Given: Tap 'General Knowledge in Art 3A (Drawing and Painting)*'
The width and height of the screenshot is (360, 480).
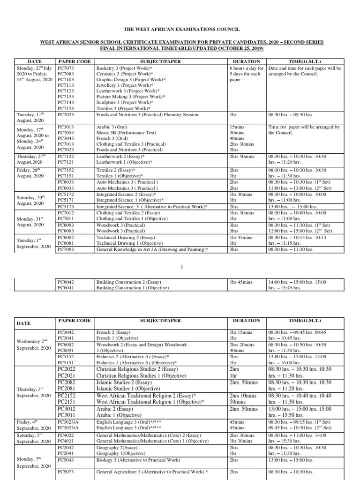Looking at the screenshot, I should click(x=152, y=249).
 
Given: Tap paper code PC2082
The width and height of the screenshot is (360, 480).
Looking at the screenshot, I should click(x=66, y=382).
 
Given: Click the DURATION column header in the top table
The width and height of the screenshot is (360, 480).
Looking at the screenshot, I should click(x=247, y=61).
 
